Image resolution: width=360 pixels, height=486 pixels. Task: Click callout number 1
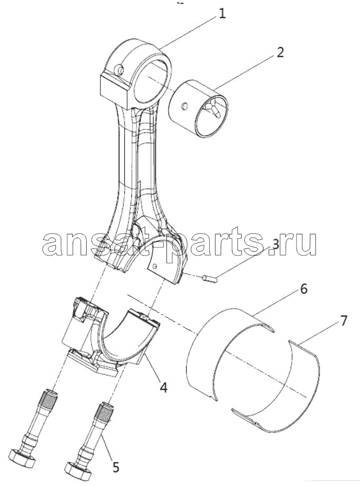click(222, 14)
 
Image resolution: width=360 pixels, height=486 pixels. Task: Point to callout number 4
click(163, 387)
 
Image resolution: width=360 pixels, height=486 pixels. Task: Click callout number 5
click(115, 467)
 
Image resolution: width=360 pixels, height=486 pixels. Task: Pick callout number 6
click(303, 289)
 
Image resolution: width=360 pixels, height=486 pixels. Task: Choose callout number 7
click(344, 320)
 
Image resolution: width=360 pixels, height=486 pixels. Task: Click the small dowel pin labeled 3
click(213, 279)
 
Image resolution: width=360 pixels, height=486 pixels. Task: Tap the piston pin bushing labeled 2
click(199, 108)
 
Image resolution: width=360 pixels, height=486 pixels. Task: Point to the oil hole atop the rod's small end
click(120, 69)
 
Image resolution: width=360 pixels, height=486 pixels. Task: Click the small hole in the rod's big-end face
click(155, 265)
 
